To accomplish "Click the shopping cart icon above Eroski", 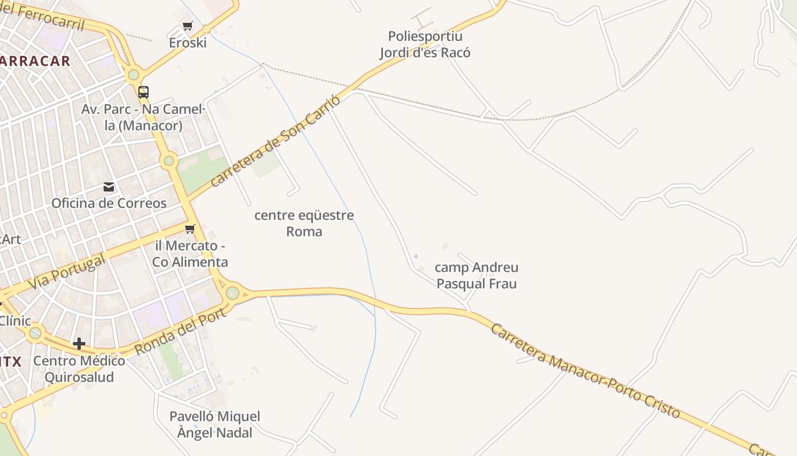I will click(187, 26).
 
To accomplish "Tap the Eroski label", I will click(187, 43).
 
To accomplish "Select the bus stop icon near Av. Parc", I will click(143, 92).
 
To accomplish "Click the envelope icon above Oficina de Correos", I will click(109, 187).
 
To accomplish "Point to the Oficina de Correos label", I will click(109, 203).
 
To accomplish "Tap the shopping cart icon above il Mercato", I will click(190, 229).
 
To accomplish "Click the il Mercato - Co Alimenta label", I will click(190, 254).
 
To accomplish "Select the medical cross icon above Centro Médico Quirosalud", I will click(79, 344).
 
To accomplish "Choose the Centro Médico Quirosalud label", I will click(79, 369).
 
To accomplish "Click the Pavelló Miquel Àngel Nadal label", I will click(215, 425).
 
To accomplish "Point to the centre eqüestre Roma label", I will click(304, 223).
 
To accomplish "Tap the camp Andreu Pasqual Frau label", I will click(476, 275).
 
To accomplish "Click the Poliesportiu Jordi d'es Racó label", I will click(425, 44).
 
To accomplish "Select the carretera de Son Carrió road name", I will click(276, 141).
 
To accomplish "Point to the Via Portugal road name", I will click(67, 272).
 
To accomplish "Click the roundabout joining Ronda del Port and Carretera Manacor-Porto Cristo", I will click(232, 293).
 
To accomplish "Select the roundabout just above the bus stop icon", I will click(134, 74).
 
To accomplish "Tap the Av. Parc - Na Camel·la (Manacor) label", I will click(143, 117).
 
